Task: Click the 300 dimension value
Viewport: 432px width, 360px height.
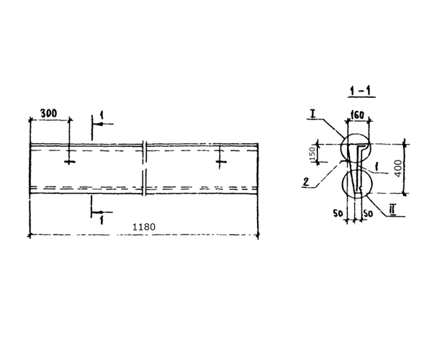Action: [x=48, y=113]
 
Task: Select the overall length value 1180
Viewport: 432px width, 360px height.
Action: [x=144, y=227]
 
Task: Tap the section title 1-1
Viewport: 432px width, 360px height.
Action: [x=361, y=91]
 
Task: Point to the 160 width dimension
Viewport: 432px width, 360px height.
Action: [x=358, y=115]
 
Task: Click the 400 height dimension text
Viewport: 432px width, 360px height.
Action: [x=398, y=168]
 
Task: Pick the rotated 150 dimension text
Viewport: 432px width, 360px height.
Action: [x=312, y=154]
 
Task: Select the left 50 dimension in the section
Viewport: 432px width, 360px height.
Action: [x=338, y=213]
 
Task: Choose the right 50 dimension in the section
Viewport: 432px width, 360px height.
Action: [x=368, y=213]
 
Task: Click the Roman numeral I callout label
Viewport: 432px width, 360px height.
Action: [x=312, y=114]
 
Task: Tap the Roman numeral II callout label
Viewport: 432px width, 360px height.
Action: [x=392, y=210]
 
